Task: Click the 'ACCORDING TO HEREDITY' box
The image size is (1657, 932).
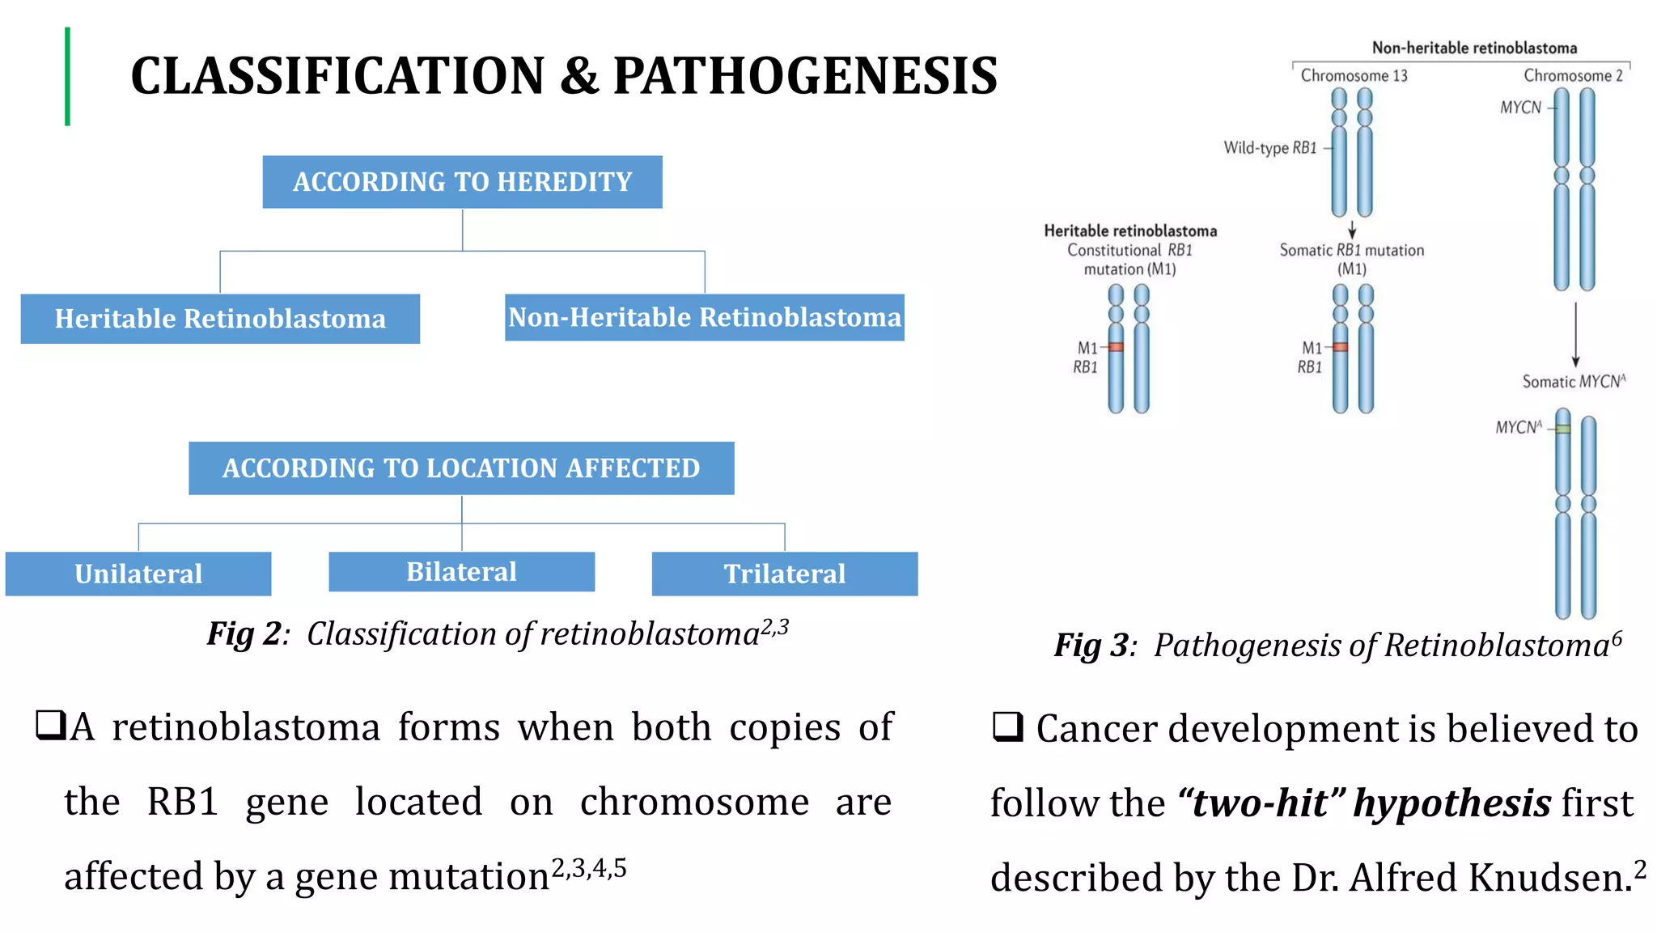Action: pyautogui.click(x=462, y=182)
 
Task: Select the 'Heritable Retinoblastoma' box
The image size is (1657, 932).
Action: pyautogui.click(x=220, y=319)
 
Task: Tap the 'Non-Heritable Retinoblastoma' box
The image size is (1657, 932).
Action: pyautogui.click(x=704, y=317)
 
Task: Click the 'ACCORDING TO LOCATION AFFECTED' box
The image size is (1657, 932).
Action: pyautogui.click(x=461, y=468)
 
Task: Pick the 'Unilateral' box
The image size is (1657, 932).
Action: pyautogui.click(x=138, y=574)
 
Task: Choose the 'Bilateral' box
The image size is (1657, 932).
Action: pyautogui.click(x=461, y=572)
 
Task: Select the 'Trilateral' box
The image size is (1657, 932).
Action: pyautogui.click(x=784, y=574)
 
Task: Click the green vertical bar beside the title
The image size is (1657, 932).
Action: pyautogui.click(x=68, y=77)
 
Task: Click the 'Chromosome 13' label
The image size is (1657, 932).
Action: pyautogui.click(x=1354, y=76)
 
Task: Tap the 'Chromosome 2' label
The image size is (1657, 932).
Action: pyautogui.click(x=1573, y=76)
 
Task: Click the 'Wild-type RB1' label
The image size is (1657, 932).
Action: pyautogui.click(x=1270, y=148)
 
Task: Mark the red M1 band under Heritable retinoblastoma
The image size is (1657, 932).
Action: pyautogui.click(x=1116, y=347)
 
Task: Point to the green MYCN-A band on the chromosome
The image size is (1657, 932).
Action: pyautogui.click(x=1563, y=429)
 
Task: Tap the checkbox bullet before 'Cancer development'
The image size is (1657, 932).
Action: pyautogui.click(x=1007, y=727)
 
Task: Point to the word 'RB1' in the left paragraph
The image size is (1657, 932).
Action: pyautogui.click(x=183, y=802)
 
